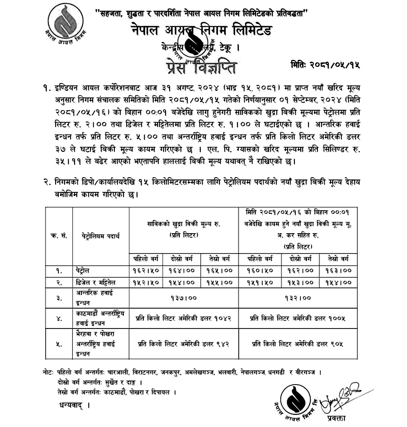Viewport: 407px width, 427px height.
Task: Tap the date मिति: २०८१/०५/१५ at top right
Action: [x=326, y=65]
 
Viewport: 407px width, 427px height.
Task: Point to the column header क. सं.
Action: [x=59, y=236]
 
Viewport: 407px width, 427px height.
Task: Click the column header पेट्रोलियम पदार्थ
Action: [x=100, y=236]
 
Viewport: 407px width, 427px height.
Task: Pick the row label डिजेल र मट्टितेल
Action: [x=96, y=282]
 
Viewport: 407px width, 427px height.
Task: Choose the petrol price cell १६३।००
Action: [x=338, y=270]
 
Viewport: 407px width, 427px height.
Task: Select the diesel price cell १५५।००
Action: [x=220, y=282]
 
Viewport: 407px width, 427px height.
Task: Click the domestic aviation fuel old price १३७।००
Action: [x=183, y=298]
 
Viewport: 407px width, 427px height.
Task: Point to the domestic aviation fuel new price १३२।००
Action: [x=298, y=298]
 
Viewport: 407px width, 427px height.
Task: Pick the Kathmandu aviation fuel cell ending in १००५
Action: [x=298, y=318]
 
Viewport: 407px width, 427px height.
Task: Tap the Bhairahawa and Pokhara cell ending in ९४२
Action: [x=183, y=343]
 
